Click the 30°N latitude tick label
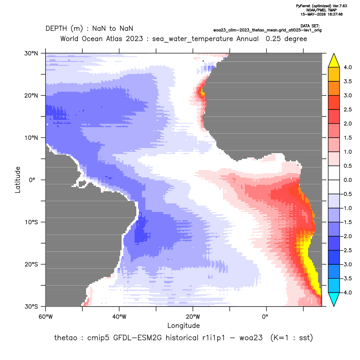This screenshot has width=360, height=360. pos(31,53)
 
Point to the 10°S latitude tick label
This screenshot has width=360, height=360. pos(31,222)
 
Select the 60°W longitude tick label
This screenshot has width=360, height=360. pos(45,317)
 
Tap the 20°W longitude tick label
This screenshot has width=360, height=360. pos(193,317)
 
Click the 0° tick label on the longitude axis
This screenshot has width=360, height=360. pos(265,317)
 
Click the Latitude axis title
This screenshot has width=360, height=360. pos(18,180)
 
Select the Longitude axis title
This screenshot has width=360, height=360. pos(183,325)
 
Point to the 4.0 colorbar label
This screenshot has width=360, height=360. pos(347,67)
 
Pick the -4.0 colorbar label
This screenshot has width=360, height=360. pos(347,292)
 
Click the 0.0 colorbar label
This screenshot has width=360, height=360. pos(347,180)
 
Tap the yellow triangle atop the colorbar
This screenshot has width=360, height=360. pos(334,61)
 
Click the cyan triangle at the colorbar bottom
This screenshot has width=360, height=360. pos(334,299)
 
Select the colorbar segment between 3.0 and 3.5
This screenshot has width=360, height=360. pos(334,88)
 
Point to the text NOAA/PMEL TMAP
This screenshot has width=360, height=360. pos(321,10)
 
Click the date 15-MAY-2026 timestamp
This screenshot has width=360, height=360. pos(321,14)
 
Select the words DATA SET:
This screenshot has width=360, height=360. pos(310,26)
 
